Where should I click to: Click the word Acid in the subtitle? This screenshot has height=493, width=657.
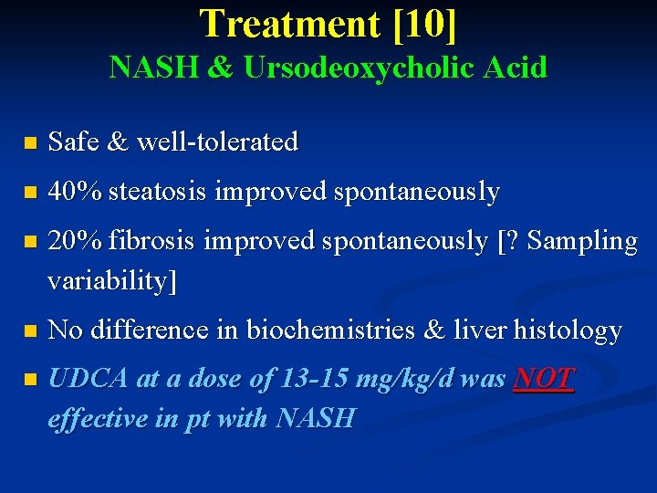pyautogui.click(x=517, y=68)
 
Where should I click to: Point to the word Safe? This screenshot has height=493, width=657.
pyautogui.click(x=74, y=142)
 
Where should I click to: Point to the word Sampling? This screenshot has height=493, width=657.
pyautogui.click(x=582, y=241)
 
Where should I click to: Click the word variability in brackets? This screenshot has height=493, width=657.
pyautogui.click(x=108, y=281)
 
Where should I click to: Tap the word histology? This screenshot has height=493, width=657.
pyautogui.click(x=568, y=330)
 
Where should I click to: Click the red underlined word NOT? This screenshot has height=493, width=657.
pyautogui.click(x=544, y=379)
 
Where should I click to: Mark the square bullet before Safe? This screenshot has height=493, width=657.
pyautogui.click(x=29, y=143)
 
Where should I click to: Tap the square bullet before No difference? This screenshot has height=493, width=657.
pyautogui.click(x=29, y=331)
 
